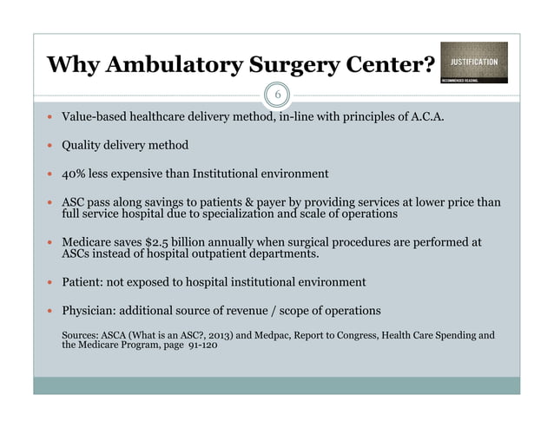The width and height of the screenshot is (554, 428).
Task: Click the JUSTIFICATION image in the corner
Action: pos(473,63)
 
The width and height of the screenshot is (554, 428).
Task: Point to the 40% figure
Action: pos(75,173)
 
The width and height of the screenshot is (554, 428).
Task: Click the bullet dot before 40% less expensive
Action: pos(50,174)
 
